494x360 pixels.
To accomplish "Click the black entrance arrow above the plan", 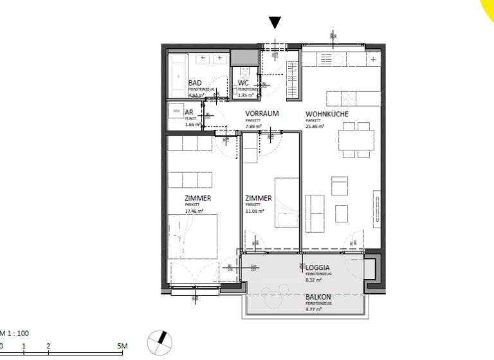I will [275, 23].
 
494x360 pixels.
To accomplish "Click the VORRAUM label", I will [261, 114].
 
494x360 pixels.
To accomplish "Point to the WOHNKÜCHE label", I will [327, 114].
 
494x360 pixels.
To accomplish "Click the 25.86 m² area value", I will [315, 127].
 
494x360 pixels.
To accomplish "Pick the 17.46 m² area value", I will [194, 211].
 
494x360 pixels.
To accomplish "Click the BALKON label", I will [318, 296].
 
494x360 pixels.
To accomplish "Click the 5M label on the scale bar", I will [122, 346].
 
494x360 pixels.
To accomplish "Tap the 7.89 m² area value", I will [253, 127].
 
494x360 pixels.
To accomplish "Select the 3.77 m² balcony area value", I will [314, 309].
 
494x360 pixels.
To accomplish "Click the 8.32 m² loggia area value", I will [314, 280].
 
